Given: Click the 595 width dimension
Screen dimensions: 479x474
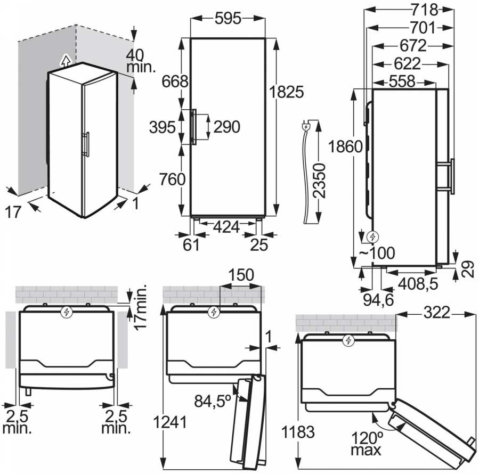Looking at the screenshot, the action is (228, 19).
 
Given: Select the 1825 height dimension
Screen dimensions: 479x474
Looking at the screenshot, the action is (286, 92).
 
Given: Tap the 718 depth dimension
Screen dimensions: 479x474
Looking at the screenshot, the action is (425, 10).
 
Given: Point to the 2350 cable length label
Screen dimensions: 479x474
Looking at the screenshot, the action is (320, 181).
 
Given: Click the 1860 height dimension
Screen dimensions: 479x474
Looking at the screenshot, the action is (345, 146).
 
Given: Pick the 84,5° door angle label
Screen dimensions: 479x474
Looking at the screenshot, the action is (213, 401).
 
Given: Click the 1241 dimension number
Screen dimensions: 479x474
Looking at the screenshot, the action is (170, 422).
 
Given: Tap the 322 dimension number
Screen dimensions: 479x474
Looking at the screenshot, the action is (437, 313).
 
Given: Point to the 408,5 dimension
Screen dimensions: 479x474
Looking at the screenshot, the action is (418, 284).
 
